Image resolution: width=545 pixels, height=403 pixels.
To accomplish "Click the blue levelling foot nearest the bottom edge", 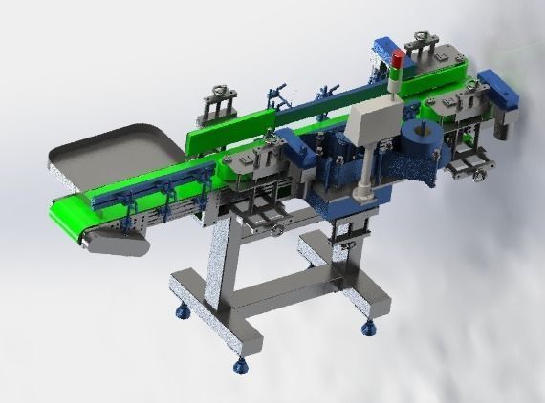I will coord(238,364).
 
